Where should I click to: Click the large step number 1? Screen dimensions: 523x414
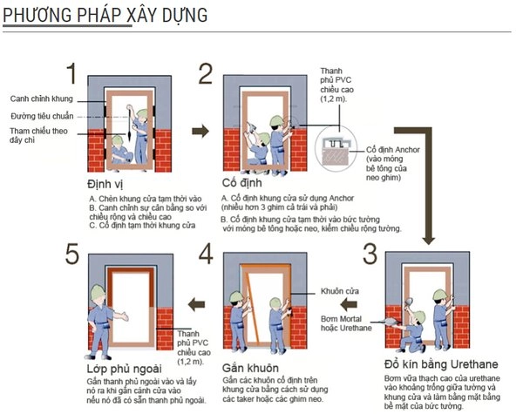(71, 73)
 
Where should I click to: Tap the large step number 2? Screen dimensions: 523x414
(206, 73)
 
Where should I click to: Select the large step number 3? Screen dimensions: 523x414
(370, 254)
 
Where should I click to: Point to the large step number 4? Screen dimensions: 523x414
(206, 254)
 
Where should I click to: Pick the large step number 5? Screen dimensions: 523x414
(72, 254)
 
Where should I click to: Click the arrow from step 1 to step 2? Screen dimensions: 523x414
(200, 131)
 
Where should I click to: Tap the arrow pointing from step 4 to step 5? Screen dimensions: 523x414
(196, 304)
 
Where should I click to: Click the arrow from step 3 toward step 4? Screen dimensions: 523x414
(349, 304)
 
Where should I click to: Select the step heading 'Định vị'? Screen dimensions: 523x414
(105, 184)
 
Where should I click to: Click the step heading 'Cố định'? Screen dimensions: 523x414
(241, 183)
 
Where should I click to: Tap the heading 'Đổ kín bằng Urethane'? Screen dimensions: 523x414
(441, 364)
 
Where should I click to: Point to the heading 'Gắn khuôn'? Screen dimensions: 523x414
(250, 368)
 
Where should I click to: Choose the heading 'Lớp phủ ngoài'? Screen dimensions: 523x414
(124, 369)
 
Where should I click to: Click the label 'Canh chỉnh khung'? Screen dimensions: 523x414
(41, 98)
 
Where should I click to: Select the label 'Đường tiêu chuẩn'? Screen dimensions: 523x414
(42, 116)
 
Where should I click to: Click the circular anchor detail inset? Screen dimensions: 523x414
(336, 149)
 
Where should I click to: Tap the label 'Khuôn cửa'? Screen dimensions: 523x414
(340, 291)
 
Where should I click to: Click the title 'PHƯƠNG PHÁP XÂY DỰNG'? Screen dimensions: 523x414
(105, 15)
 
